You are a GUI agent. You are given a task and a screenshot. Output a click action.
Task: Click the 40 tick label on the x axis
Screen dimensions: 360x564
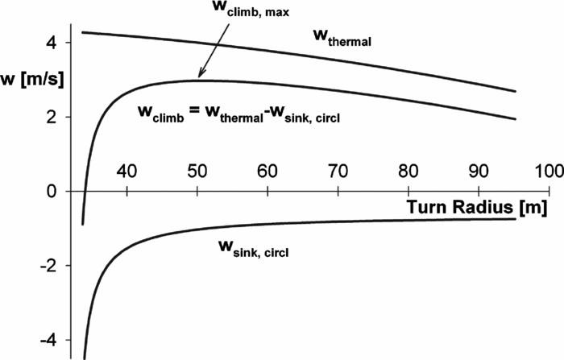pos(126,172)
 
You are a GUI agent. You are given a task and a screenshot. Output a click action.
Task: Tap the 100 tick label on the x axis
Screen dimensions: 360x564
pos(545,172)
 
